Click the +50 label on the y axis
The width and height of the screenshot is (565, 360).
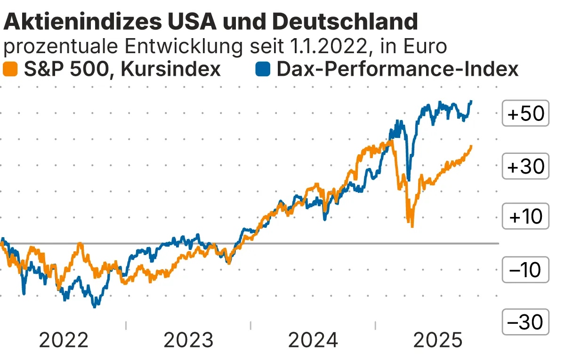(x=525, y=114)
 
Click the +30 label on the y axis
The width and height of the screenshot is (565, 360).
(x=525, y=166)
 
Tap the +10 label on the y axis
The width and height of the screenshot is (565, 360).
(x=525, y=217)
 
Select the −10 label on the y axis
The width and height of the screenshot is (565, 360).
(x=525, y=270)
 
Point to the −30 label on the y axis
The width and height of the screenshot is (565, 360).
(x=525, y=322)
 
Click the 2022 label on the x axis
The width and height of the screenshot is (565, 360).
(x=64, y=340)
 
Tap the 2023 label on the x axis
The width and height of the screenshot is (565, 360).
(x=188, y=340)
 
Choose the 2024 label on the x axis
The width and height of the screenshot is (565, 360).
(x=313, y=340)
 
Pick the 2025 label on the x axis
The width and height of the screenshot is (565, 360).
(x=438, y=340)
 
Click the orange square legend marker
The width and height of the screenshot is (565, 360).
(x=10, y=69)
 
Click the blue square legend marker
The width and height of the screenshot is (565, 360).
(x=263, y=69)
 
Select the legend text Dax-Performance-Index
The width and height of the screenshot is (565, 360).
(x=397, y=69)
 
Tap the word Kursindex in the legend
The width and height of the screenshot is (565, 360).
(x=171, y=69)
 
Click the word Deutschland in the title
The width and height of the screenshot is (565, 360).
(x=345, y=22)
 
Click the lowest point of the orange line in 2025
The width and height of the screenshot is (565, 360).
(x=412, y=226)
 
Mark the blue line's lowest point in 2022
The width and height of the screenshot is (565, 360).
(x=95, y=306)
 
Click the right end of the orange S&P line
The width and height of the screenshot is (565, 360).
(x=471, y=146)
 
